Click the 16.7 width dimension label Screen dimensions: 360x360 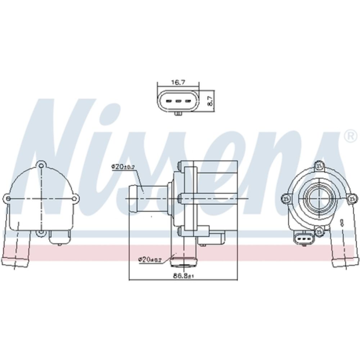177,82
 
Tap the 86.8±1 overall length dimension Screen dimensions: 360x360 184,276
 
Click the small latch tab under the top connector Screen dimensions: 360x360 177,114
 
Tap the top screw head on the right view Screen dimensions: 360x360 318,166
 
